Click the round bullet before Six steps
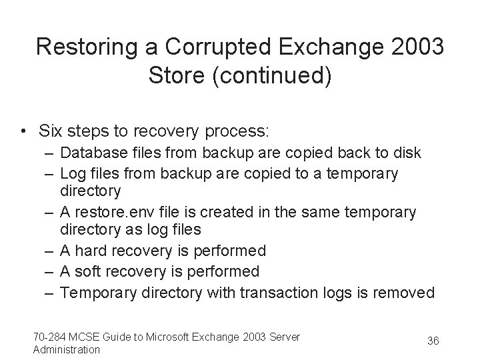point(24,130)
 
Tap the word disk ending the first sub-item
point(407,153)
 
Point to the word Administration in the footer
point(66,349)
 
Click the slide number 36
point(433,341)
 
